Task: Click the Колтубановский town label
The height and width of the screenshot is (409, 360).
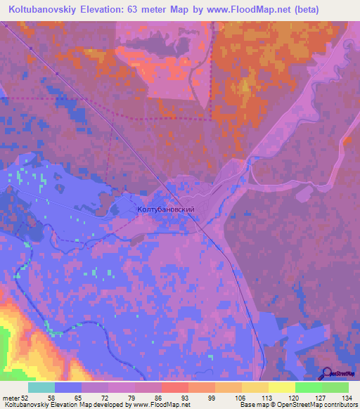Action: (x=165, y=209)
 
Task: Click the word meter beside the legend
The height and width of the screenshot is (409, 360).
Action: (x=10, y=397)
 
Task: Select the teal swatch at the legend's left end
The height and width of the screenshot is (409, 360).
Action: (x=41, y=387)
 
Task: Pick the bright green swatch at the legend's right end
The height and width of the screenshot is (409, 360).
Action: (x=335, y=387)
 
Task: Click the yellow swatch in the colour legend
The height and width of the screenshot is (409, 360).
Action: (x=281, y=387)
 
